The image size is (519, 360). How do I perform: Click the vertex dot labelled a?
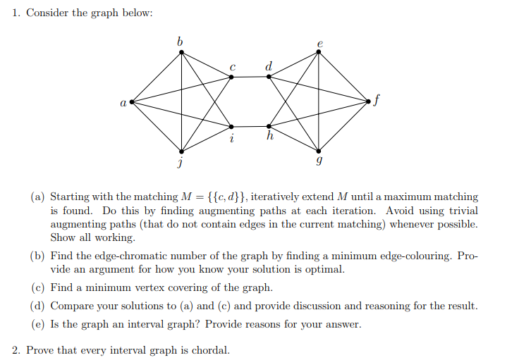coord(131,102)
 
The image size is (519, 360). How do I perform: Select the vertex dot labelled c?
coord(231,76)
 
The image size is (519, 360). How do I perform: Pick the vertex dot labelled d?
coord(269,76)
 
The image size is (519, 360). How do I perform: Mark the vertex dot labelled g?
coord(319,151)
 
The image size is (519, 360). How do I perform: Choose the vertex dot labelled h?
coord(269,127)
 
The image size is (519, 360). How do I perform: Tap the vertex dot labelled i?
coord(231,127)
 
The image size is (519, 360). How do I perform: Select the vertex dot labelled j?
coord(182,151)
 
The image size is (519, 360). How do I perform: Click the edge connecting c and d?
coord(250,76)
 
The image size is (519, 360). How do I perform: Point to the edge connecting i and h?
coord(250,127)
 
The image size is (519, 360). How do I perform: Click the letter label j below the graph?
coord(181,163)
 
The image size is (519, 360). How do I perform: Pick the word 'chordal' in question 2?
coord(211,349)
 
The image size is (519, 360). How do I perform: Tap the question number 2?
coord(16,349)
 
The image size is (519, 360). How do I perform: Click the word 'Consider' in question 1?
coord(44,14)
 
